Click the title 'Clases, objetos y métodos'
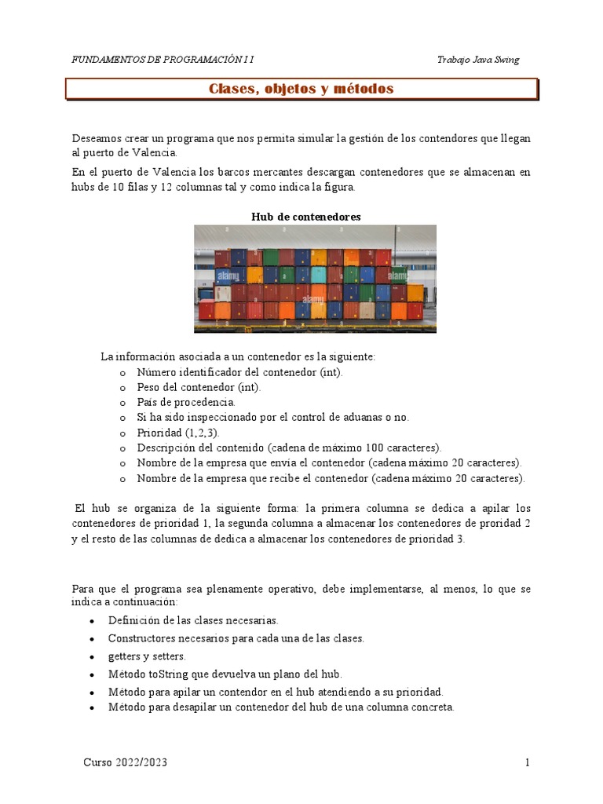pos(301,90)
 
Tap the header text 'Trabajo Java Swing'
pos(477,60)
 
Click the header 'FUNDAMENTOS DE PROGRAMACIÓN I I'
pos(163,60)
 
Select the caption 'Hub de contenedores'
pos(305,217)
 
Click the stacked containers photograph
pos(315,279)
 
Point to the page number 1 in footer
pos(528,762)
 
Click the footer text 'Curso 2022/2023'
pos(125,762)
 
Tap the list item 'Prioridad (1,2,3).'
pos(178,433)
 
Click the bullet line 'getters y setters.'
pos(147,656)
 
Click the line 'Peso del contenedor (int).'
pos(199,387)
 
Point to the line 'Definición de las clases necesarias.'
pos(193,620)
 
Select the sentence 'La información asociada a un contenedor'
pos(238,356)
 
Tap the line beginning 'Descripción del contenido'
pos(289,448)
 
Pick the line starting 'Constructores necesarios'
pos(236,638)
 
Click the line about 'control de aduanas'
pos(272,417)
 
